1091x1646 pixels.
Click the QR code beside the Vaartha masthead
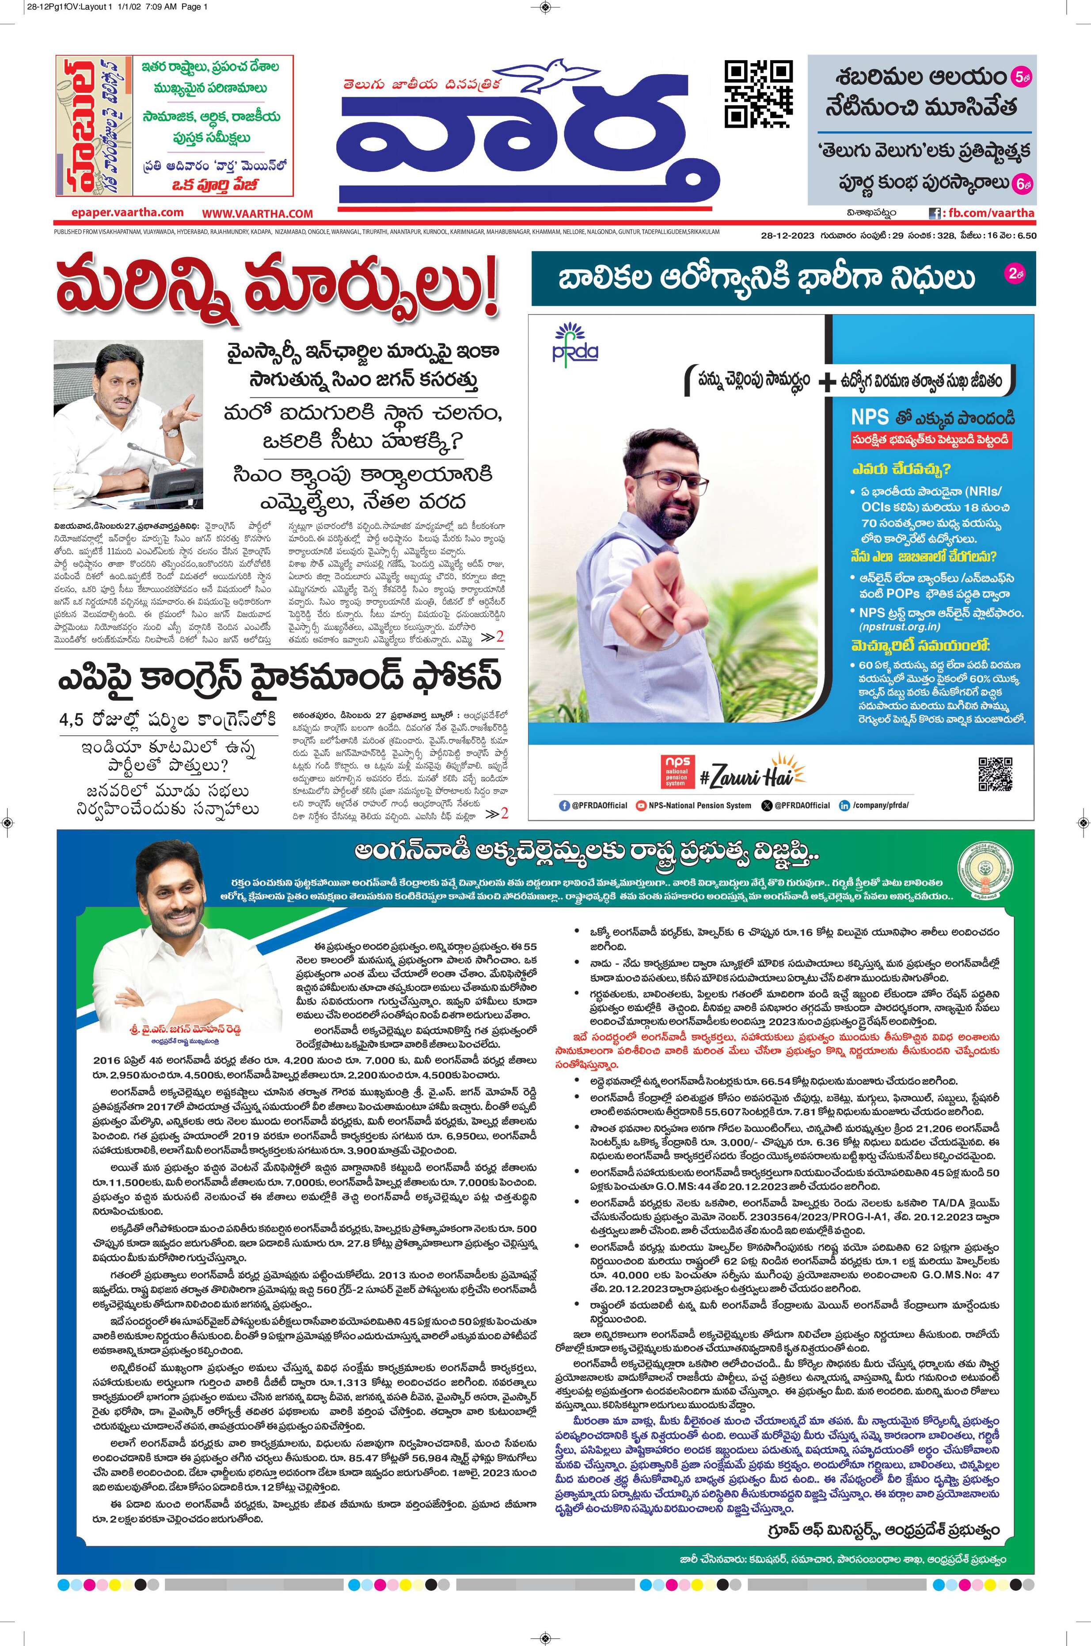pos(758,95)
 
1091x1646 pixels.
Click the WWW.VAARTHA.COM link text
pos(258,214)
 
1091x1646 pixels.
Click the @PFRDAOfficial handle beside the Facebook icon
pos(598,805)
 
